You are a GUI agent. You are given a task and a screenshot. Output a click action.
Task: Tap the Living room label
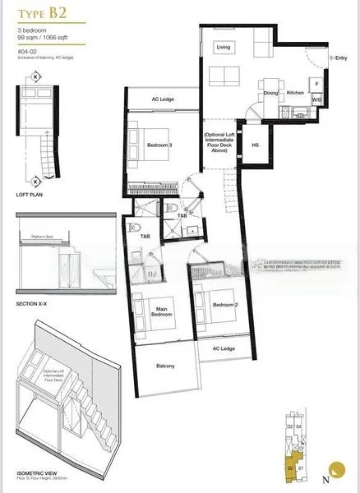click(224, 48)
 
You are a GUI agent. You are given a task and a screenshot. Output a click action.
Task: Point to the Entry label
click(341, 58)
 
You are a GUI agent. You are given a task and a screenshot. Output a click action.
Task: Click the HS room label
click(255, 145)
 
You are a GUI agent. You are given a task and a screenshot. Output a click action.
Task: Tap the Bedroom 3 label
click(159, 145)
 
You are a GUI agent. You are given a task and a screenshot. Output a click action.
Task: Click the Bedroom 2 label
click(224, 305)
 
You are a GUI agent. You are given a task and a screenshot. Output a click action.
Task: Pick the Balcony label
click(164, 366)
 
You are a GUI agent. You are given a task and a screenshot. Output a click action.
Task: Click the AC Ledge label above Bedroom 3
click(162, 100)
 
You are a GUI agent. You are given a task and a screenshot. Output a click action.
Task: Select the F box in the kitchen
click(315, 83)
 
